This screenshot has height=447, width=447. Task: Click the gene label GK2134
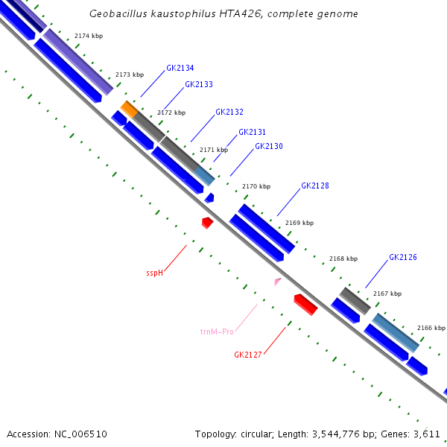[180, 68]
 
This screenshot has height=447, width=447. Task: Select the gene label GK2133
[199, 85]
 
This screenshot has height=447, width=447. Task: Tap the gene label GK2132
[229, 112]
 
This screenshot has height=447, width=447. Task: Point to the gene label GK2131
[252, 133]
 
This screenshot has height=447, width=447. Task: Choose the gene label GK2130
[269, 147]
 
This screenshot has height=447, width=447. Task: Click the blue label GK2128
[315, 186]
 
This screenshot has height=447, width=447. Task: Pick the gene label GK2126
[403, 258]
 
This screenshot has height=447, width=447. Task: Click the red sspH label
[154, 273]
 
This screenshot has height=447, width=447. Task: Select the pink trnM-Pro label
[217, 332]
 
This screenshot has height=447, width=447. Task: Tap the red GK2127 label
[248, 355]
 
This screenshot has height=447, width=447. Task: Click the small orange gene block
[130, 108]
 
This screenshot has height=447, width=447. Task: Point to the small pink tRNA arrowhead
[278, 281]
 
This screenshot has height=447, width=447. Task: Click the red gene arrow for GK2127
[305, 304]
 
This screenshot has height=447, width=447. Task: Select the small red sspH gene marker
[207, 222]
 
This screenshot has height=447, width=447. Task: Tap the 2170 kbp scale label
[256, 186]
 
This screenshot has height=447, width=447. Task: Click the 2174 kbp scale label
[89, 36]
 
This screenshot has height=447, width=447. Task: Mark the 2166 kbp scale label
[431, 328]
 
